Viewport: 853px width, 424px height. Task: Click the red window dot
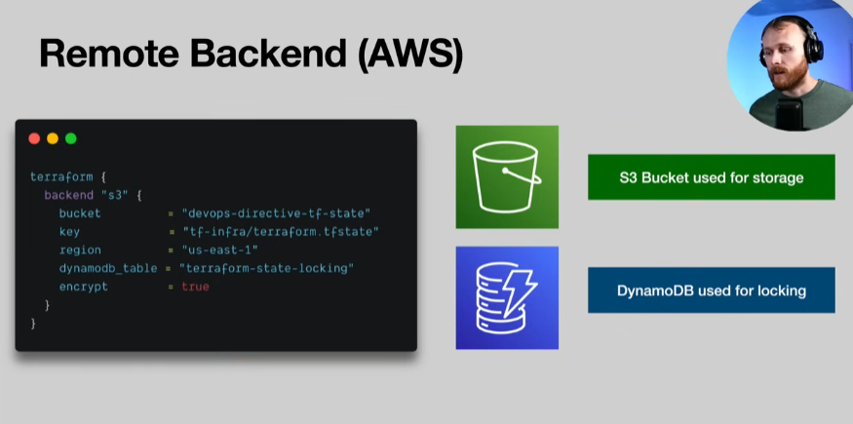point(34,138)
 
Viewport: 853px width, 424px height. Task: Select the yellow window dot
point(53,138)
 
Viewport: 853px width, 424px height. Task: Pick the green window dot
point(70,138)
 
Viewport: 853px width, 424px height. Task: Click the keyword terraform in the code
point(61,176)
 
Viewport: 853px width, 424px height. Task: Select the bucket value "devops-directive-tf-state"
point(276,212)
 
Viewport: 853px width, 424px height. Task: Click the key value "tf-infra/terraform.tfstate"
point(280,231)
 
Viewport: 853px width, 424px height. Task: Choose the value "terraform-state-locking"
point(266,268)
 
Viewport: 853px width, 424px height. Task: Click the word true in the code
point(195,287)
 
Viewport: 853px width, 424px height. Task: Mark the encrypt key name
point(83,287)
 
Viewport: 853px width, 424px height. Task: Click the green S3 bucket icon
point(507,176)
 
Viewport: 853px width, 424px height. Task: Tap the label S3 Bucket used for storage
point(711,177)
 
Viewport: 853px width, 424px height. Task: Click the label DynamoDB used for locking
point(711,290)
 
